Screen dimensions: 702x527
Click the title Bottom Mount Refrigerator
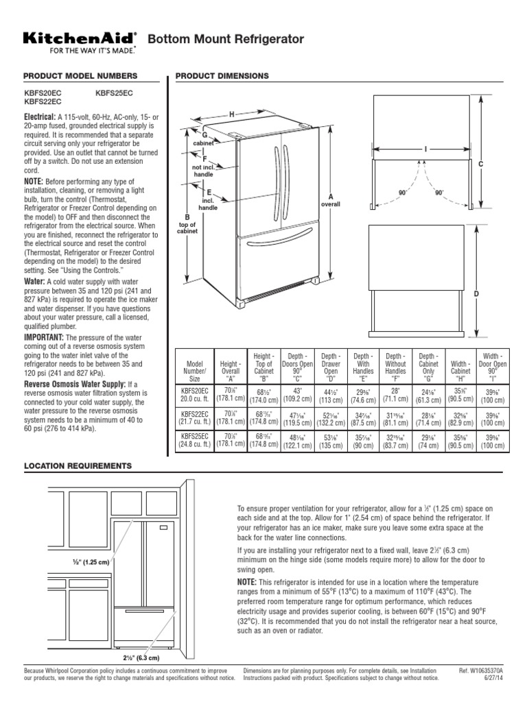click(x=226, y=40)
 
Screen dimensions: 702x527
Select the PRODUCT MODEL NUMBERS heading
click(x=80, y=75)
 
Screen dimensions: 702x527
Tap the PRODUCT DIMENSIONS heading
click(x=222, y=75)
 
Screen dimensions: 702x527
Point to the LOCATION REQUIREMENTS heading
click(x=78, y=465)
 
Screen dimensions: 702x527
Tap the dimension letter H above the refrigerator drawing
click(x=232, y=114)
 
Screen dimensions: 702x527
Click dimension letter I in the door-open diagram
click(x=425, y=147)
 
